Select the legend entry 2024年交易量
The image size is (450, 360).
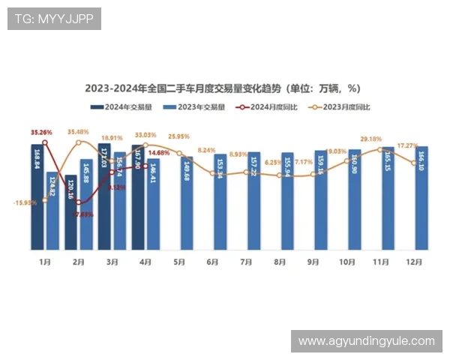tap(124, 107)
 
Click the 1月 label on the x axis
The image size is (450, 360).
tap(45, 262)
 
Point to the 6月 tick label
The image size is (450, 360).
tap(212, 262)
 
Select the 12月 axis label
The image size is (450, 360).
tap(413, 262)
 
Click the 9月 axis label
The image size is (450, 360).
tap(313, 262)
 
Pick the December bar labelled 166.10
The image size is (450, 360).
tap(421, 198)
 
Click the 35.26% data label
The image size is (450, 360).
tap(42, 132)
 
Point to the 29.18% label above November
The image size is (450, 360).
tap(370, 139)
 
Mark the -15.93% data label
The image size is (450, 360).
tap(25, 202)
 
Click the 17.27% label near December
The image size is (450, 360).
tap(407, 145)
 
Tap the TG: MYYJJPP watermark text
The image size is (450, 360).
tap(54, 19)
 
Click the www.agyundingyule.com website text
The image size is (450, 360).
tap(366, 341)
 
